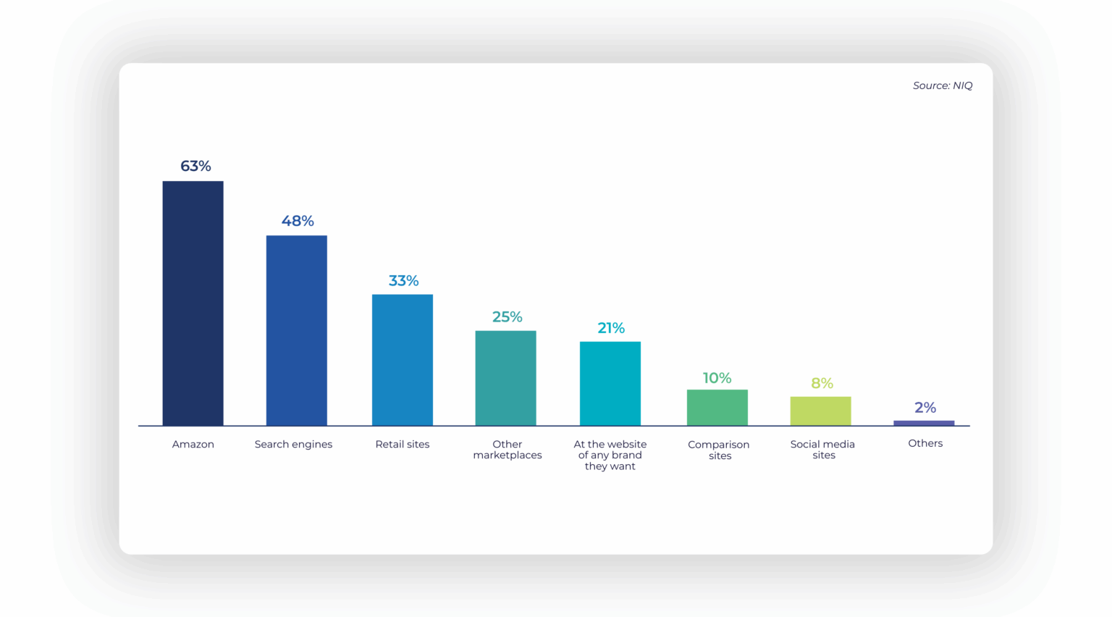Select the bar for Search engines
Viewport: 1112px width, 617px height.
(296, 330)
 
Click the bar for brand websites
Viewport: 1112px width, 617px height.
(610, 383)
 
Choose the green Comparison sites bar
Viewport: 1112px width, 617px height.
(717, 407)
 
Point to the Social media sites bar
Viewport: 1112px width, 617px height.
(820, 411)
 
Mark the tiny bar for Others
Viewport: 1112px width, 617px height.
(924, 423)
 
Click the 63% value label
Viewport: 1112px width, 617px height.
(195, 166)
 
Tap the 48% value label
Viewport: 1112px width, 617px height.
(298, 221)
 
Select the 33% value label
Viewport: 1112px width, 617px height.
(403, 280)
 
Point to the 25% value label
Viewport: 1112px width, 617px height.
(507, 316)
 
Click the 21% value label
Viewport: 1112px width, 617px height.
(611, 328)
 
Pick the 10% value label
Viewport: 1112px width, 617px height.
(717, 378)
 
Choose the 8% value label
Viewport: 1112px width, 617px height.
(822, 383)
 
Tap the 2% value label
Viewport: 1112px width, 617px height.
(925, 408)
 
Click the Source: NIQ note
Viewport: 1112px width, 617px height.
(943, 85)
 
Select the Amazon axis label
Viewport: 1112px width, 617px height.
(193, 444)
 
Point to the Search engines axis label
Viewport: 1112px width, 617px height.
(293, 444)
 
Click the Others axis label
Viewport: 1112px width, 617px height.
(925, 443)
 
